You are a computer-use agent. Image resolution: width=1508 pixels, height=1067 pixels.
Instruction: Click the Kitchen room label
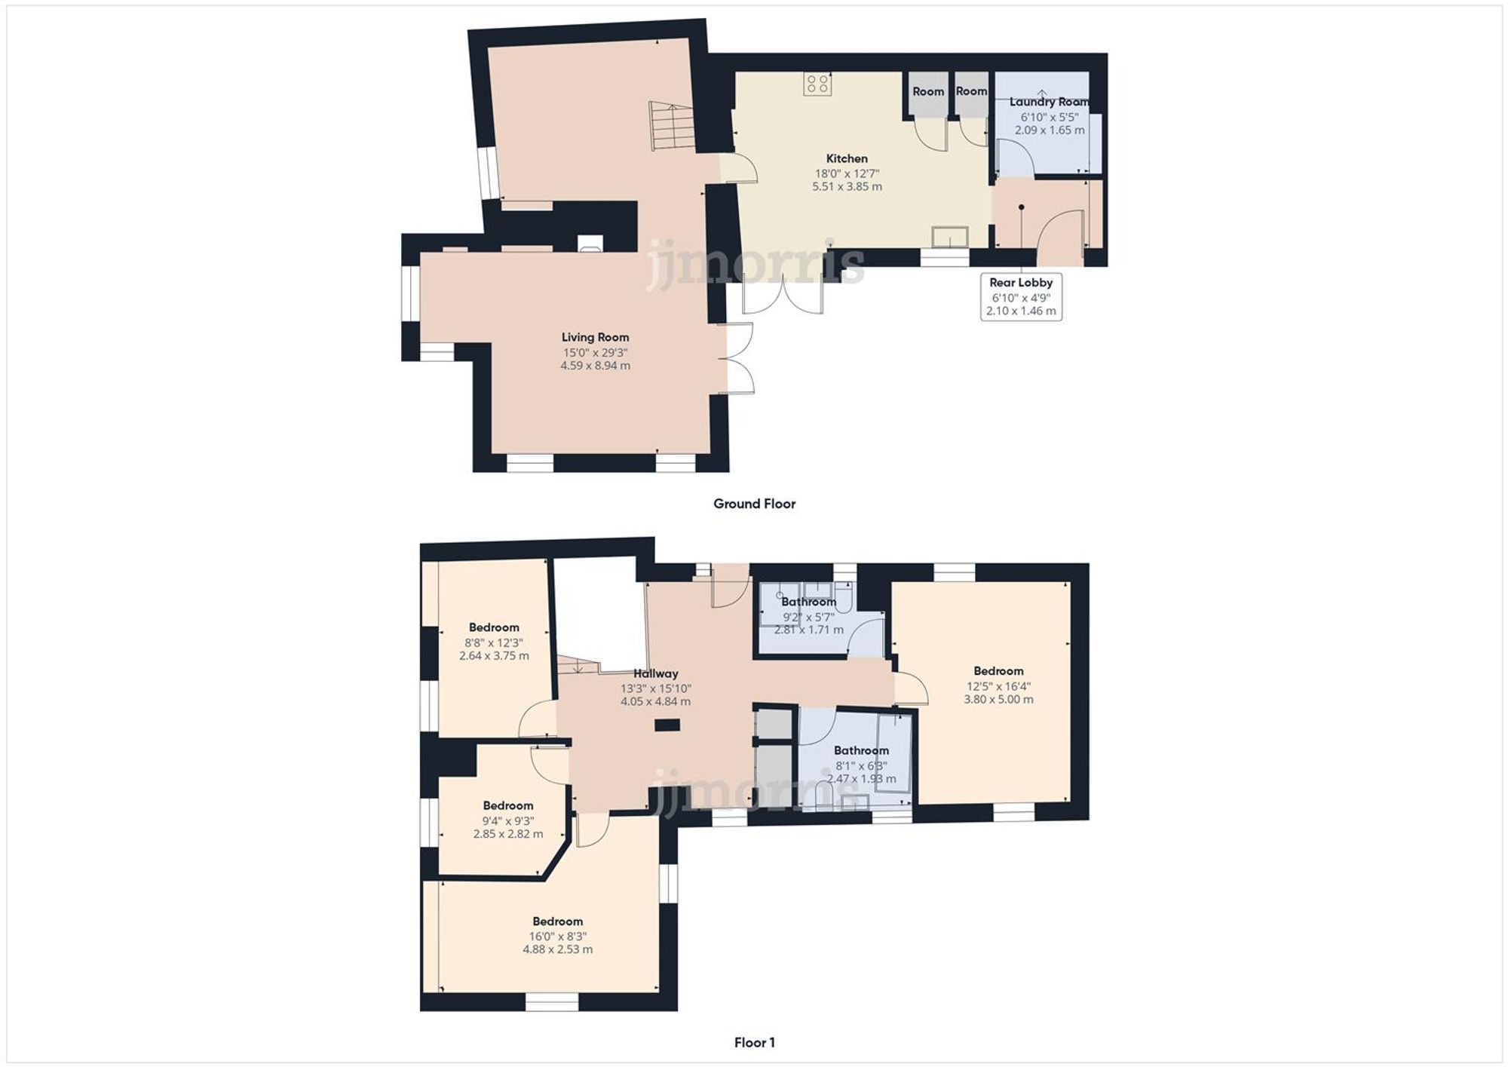[847, 158]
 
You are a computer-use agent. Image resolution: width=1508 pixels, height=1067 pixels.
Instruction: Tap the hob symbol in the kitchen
[818, 84]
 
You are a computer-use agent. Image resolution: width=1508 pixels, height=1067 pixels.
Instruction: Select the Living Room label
[595, 337]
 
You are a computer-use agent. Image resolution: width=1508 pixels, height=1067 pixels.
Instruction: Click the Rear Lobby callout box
[1021, 296]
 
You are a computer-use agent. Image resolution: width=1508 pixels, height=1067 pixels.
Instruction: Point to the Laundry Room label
[1049, 102]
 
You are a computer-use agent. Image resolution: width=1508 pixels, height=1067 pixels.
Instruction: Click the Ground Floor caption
[754, 504]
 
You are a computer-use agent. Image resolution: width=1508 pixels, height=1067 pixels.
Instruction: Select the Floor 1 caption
[754, 1043]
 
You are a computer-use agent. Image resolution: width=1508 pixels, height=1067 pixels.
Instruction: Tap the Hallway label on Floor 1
[655, 673]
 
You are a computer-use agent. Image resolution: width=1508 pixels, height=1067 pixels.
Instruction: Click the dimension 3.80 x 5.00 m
[998, 699]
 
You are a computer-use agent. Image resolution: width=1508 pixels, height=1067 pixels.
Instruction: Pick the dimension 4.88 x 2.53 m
[557, 949]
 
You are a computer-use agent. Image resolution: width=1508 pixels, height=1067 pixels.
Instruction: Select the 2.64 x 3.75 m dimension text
[494, 656]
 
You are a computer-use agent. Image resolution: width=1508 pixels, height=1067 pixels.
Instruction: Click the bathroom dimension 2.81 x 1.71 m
[808, 630]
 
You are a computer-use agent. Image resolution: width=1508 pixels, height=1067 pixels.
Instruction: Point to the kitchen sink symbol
[951, 237]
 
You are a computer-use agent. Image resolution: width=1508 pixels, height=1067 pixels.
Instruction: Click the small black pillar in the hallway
[667, 725]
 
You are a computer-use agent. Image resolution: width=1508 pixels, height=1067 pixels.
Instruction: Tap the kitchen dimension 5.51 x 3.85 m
[847, 186]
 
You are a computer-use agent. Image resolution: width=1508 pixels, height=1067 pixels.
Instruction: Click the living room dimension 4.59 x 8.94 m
[595, 366]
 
